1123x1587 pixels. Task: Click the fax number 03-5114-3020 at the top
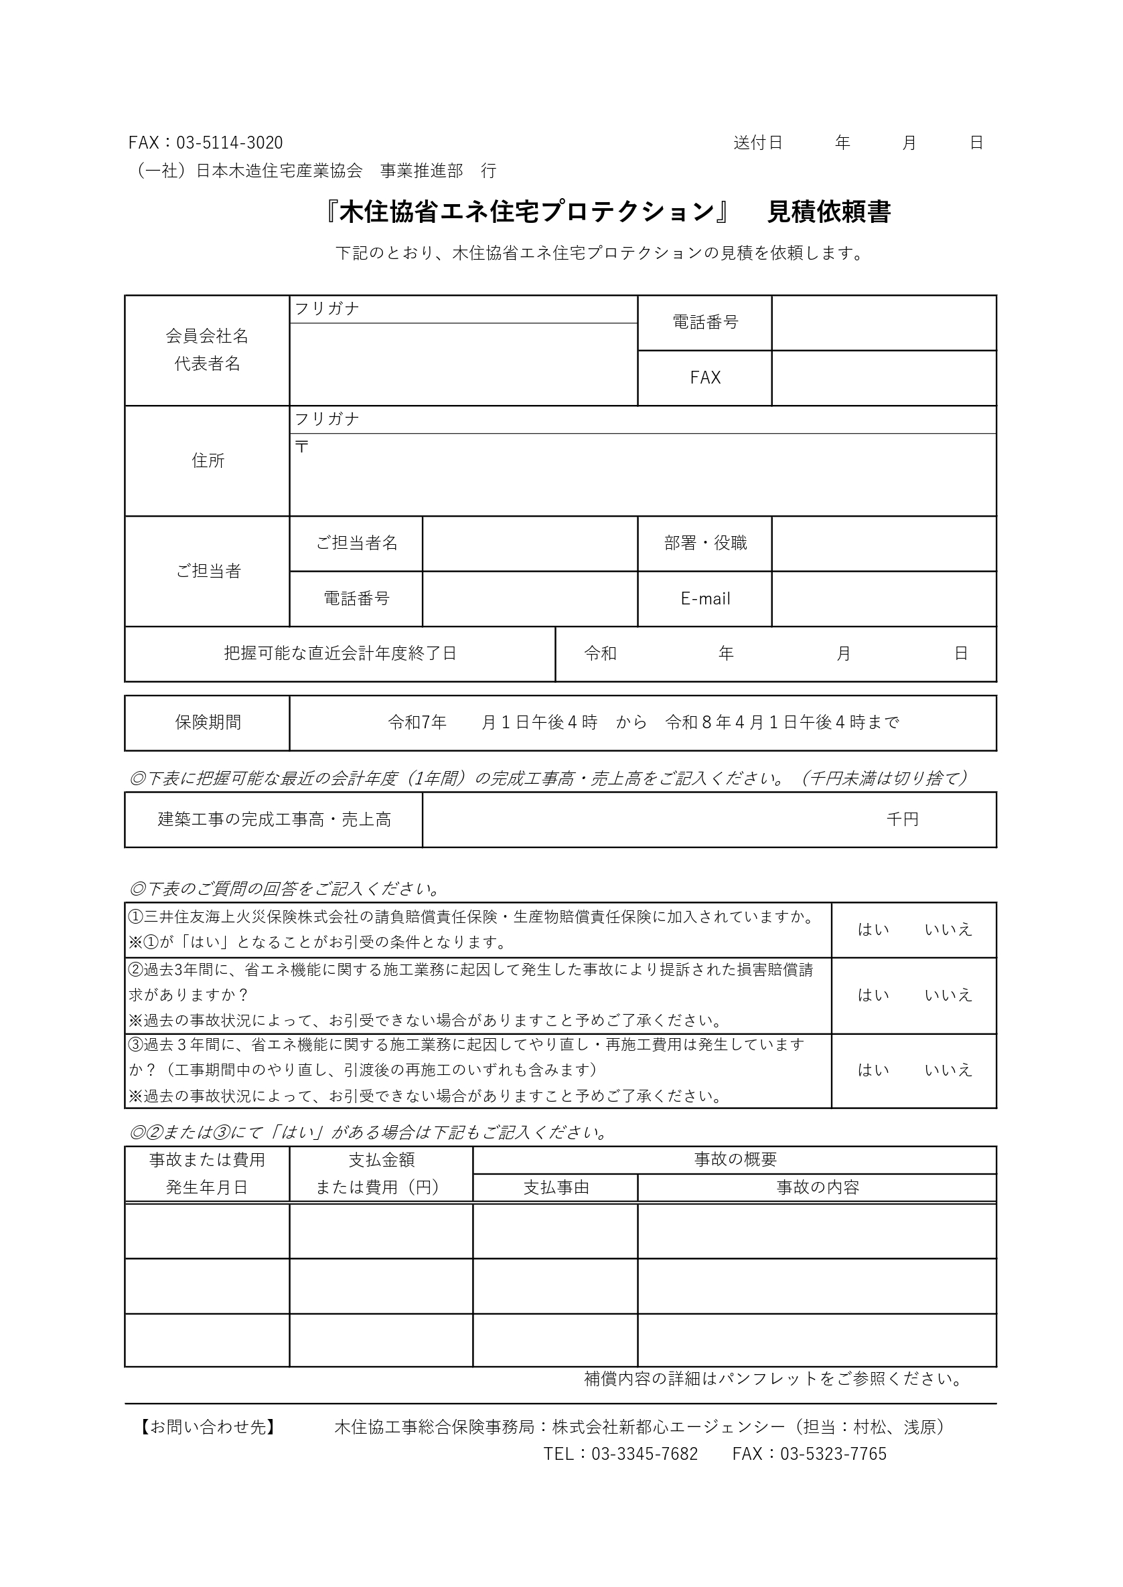(x=229, y=143)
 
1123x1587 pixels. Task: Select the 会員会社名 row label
(x=207, y=337)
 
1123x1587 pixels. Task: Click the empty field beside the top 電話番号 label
(x=884, y=323)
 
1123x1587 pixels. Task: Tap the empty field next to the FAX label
(x=884, y=378)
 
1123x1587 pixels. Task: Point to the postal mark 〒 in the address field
(x=301, y=446)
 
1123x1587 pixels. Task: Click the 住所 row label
(x=208, y=461)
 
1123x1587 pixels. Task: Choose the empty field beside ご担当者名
(x=530, y=544)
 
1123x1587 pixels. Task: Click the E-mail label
(x=704, y=599)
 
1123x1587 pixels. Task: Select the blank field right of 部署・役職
(x=884, y=544)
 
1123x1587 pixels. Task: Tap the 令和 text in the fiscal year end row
(x=599, y=654)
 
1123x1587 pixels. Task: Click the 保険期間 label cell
(x=208, y=723)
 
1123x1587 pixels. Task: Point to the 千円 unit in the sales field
(x=903, y=820)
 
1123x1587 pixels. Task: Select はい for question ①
(x=873, y=930)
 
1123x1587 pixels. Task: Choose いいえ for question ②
(x=948, y=995)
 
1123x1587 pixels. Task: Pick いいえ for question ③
(x=948, y=1070)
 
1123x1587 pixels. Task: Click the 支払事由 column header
(x=556, y=1188)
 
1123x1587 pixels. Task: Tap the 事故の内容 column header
(x=818, y=1188)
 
